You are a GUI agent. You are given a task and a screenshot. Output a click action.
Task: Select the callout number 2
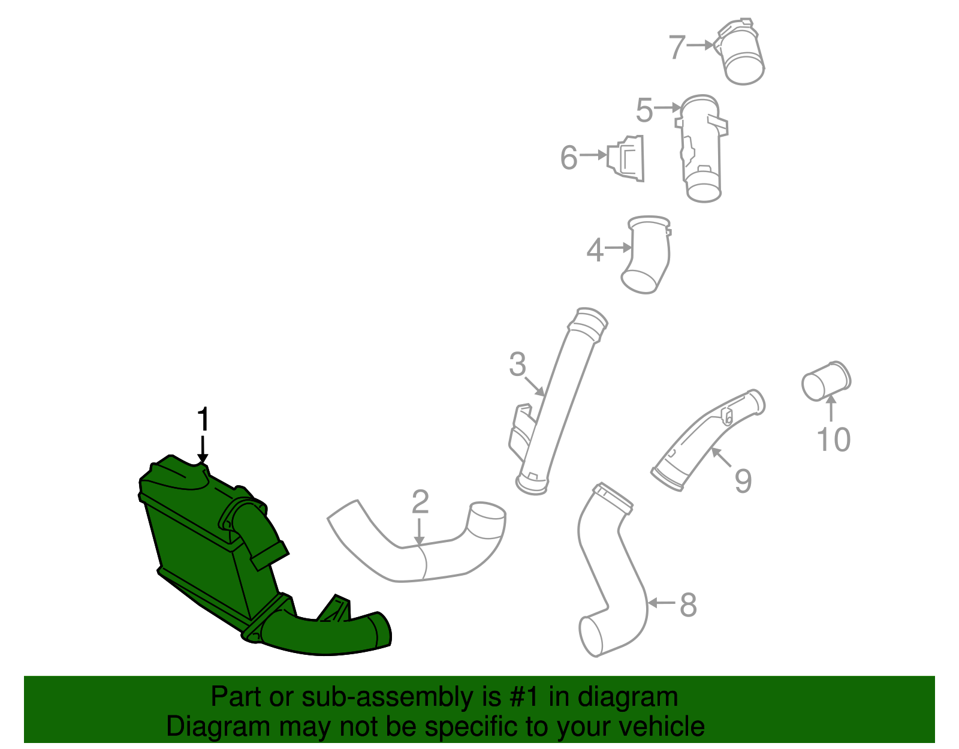point(420,502)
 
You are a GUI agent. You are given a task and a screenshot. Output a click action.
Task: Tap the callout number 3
point(517,365)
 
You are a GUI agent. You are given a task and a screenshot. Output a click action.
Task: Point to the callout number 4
point(595,250)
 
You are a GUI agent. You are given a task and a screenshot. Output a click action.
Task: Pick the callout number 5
point(644,111)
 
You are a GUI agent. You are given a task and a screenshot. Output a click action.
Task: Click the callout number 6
point(569,158)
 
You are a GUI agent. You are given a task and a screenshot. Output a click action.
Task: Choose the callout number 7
point(677,47)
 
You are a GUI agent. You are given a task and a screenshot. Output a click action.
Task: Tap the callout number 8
point(688,604)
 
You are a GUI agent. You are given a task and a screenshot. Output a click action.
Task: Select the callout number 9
point(743,480)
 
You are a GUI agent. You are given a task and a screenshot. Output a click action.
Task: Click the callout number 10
point(833,440)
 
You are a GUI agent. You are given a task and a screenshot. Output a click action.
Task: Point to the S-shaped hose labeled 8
point(611,570)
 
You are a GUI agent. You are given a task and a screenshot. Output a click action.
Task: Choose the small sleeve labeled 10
point(826,380)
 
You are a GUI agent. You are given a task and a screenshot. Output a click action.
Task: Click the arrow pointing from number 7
point(700,45)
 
